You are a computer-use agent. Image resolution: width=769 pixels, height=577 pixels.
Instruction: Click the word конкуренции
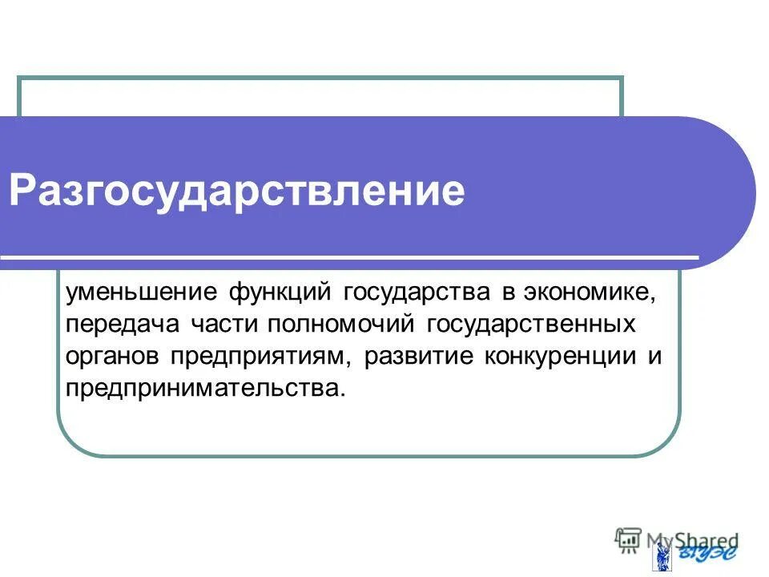[556, 357]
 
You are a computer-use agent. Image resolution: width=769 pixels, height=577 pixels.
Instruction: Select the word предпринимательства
[207, 389]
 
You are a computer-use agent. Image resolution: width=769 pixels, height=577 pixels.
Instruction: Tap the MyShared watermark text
[692, 540]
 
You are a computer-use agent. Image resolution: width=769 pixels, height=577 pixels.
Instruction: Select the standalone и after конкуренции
[654, 357]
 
